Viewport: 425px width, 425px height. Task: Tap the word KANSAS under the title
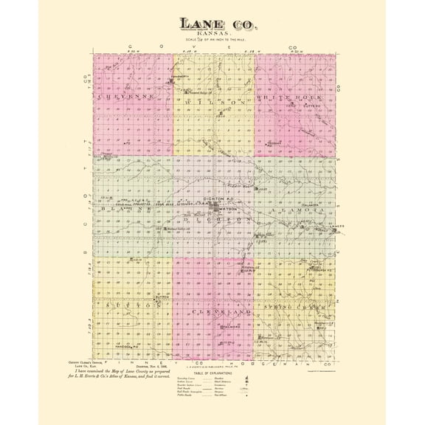[x=213, y=35]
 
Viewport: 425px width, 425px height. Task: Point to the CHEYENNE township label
[x=125, y=97]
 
